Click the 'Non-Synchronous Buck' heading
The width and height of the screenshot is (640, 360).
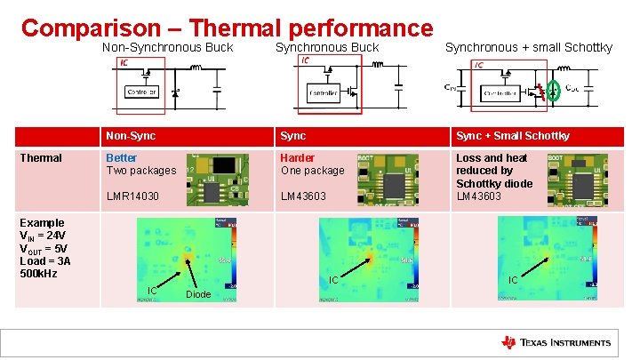(168, 47)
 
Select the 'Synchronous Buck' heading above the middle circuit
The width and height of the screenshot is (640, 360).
(326, 47)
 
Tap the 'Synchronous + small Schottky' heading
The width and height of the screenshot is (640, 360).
(528, 47)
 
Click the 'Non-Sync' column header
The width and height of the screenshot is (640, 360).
(131, 136)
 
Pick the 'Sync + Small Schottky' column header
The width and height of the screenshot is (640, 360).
(513, 136)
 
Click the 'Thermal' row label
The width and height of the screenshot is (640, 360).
(41, 158)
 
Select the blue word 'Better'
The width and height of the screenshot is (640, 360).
(122, 158)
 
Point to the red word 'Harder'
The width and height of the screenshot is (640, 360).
(298, 158)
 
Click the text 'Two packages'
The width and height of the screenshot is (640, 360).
(141, 171)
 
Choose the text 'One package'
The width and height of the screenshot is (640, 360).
(312, 171)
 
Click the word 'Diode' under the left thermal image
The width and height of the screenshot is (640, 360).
(198, 294)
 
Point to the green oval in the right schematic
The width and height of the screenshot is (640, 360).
(553, 90)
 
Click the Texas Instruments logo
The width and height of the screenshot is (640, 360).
(556, 343)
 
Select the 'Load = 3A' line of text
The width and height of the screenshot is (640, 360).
(45, 261)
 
